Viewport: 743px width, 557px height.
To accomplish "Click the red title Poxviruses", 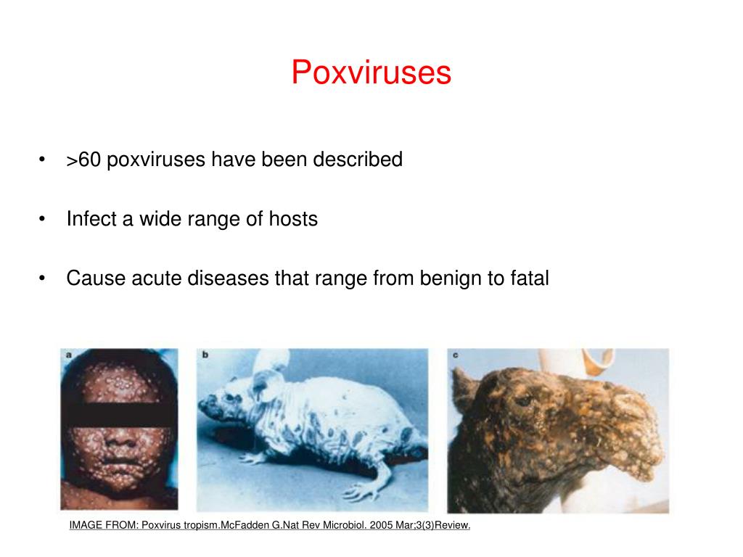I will (x=371, y=73).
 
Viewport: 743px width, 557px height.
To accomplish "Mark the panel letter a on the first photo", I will (x=68, y=355).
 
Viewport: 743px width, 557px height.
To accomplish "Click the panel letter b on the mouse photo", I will (x=205, y=355).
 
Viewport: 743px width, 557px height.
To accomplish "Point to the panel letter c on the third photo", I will (x=456, y=355).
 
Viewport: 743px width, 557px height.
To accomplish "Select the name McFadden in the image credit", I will (x=247, y=526).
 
